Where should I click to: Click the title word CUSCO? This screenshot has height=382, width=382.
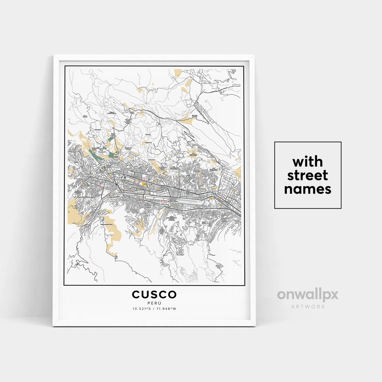click(154, 294)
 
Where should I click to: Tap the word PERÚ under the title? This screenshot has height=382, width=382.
click(154, 303)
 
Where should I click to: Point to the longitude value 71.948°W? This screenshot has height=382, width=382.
click(166, 309)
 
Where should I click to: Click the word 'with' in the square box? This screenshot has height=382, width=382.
click(307, 162)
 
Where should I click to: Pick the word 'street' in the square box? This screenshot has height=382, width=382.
click(307, 175)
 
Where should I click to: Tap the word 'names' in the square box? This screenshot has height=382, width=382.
click(307, 189)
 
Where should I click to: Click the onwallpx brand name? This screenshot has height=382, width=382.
click(307, 295)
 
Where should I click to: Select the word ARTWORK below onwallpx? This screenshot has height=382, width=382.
click(307, 306)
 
